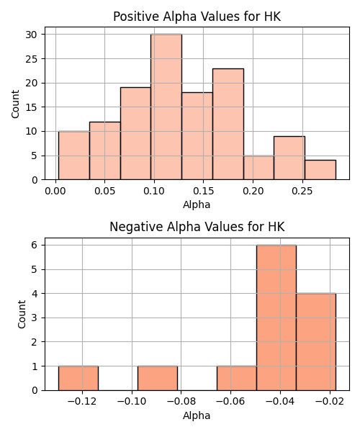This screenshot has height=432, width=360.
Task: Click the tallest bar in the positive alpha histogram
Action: (166, 107)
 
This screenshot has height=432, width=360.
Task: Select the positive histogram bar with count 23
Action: (228, 124)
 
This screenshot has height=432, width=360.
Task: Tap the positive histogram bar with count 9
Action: (289, 158)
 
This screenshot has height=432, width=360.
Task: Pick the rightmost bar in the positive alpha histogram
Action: (320, 170)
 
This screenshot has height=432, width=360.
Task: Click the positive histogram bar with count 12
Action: (105, 150)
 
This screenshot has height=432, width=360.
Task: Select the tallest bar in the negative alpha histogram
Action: (276, 318)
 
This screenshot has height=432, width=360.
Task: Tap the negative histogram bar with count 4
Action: (316, 341)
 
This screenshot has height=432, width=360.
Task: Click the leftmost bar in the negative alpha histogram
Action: (78, 378)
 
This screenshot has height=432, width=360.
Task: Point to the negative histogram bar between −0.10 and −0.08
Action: (158, 378)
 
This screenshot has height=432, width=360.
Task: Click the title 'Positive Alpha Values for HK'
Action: (197, 17)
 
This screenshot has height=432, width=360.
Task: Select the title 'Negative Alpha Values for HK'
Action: (197, 227)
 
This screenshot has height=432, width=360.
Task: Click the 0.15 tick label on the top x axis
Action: (204, 191)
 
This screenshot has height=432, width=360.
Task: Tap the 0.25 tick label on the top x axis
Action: (302, 191)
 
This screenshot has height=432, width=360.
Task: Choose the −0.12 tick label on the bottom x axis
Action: (82, 402)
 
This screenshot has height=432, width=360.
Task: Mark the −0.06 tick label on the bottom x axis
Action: (230, 402)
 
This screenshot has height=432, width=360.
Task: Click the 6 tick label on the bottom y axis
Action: (34, 245)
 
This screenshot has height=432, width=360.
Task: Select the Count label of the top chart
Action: (15, 104)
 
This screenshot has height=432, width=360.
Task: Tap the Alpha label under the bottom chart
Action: (197, 415)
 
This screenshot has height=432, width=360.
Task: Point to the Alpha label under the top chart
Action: (197, 204)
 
